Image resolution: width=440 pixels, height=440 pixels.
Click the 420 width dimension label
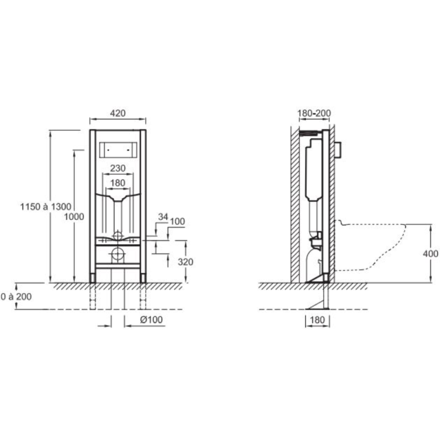(x=118, y=113)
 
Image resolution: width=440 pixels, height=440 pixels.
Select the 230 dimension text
(x=118, y=168)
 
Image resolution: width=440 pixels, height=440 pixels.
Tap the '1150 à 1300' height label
(x=46, y=207)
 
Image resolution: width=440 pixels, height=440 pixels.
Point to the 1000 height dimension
(x=74, y=217)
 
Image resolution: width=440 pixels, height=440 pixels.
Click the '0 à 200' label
(x=16, y=296)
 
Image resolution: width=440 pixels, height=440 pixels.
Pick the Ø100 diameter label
(x=152, y=320)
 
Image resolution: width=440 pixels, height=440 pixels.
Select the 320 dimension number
(x=185, y=262)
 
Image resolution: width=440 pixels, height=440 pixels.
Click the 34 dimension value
(x=163, y=217)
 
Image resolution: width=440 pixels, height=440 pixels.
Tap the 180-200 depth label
(x=314, y=113)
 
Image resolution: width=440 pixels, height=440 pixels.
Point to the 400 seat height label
(x=431, y=254)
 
